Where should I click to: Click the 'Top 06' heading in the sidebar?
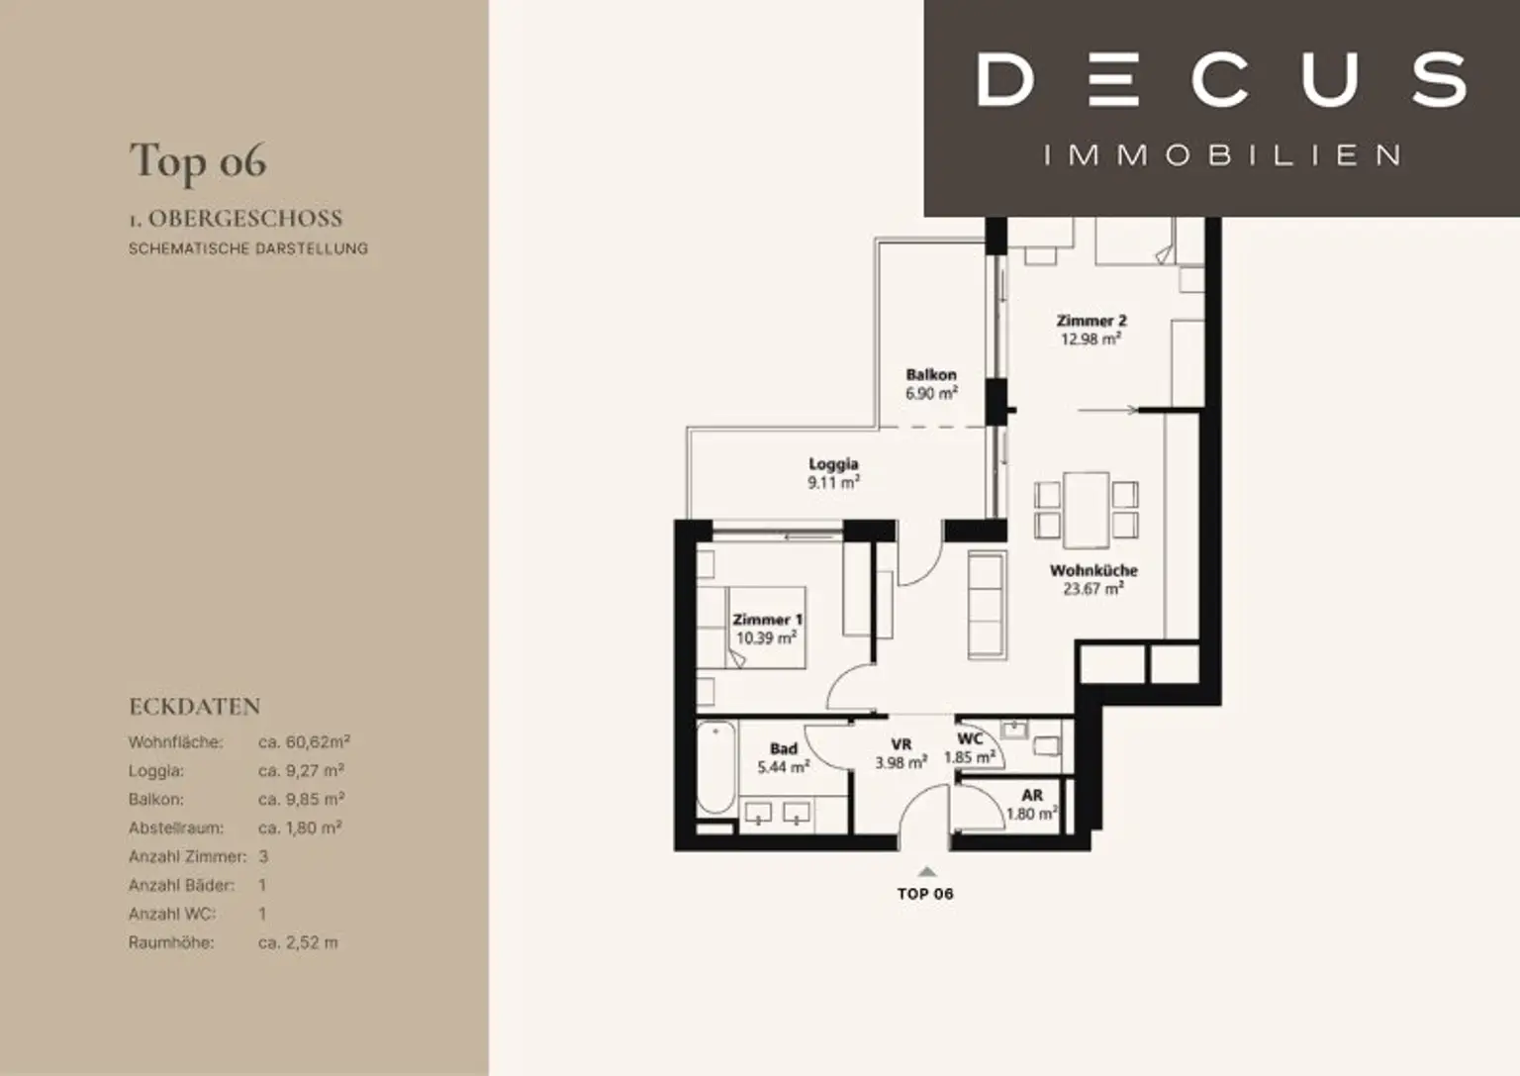click(198, 161)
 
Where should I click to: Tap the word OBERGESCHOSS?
click(245, 219)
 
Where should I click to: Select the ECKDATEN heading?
click(195, 706)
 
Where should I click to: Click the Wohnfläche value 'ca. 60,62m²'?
click(304, 742)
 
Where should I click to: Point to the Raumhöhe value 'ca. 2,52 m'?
click(298, 942)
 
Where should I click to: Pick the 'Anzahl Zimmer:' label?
click(187, 856)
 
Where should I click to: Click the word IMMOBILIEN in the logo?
click(1221, 155)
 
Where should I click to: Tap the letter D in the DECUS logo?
click(1005, 80)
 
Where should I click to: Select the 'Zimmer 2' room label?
click(1092, 321)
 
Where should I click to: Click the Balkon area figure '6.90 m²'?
click(931, 393)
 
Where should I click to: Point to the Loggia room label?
click(833, 463)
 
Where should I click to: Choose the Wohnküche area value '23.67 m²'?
click(1093, 589)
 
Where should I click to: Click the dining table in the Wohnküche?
click(1086, 510)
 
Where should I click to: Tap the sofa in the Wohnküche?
click(988, 606)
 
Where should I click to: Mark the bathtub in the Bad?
click(715, 767)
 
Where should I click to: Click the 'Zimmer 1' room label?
click(768, 619)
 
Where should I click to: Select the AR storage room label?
click(1032, 795)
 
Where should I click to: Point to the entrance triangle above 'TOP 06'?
click(927, 872)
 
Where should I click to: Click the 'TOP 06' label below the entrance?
click(925, 894)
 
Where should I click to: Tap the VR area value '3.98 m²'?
click(902, 763)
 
